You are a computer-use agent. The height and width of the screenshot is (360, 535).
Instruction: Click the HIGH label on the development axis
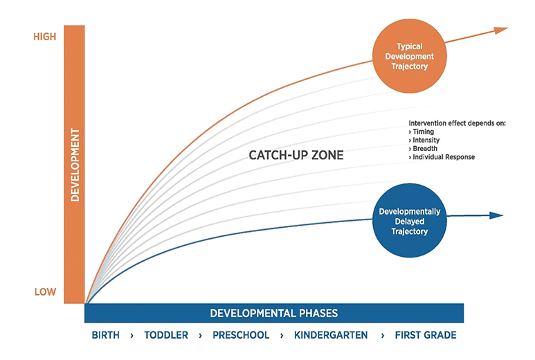[x=45, y=37]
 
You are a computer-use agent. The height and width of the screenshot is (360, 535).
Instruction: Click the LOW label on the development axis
[x=45, y=291]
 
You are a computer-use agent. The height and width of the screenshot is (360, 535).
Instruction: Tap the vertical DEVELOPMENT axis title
[x=75, y=165]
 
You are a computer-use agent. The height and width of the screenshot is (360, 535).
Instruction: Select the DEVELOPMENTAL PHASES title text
[x=273, y=313]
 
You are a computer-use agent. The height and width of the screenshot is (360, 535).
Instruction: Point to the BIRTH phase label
[x=105, y=335]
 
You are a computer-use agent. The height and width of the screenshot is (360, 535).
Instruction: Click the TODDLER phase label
[x=166, y=335]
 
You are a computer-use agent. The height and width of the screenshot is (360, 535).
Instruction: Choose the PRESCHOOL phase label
[x=241, y=335]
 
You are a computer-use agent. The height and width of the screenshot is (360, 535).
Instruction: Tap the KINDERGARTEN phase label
[x=331, y=335]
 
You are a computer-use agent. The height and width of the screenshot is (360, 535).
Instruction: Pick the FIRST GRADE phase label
[x=426, y=335]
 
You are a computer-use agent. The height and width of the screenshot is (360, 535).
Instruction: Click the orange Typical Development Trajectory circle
[x=410, y=56]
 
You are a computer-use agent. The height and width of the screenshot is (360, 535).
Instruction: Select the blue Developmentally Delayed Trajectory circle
[x=410, y=221]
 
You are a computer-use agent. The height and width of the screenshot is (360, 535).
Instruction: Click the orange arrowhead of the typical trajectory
[x=501, y=30]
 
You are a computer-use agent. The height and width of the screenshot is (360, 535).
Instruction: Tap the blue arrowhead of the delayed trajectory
[x=496, y=215]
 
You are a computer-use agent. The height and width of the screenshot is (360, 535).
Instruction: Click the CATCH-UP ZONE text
[x=296, y=155]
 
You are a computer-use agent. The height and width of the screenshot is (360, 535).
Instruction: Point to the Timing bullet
[x=421, y=132]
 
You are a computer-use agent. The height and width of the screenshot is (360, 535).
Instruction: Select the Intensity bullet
[x=424, y=141]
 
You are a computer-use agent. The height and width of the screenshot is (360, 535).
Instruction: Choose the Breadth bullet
[x=423, y=148]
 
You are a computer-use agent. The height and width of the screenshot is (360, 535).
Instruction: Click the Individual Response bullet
[x=442, y=157]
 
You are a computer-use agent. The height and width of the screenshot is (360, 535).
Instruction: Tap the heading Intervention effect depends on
[x=457, y=123]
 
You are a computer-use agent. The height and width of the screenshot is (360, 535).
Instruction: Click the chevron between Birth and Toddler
[x=132, y=336]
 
